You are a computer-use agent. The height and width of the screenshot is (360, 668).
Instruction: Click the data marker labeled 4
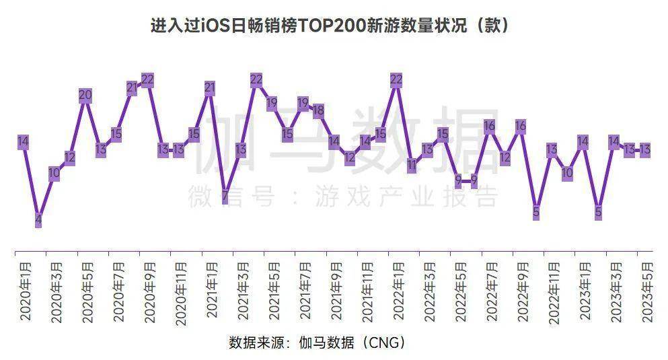38,219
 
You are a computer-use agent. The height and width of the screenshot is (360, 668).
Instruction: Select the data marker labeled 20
85,96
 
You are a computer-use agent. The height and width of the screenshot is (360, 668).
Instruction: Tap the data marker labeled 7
225,196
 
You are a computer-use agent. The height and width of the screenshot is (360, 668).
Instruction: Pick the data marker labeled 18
318,110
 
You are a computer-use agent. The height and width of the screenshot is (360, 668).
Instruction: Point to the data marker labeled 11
412,164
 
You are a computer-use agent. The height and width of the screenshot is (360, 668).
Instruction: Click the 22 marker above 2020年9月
147,79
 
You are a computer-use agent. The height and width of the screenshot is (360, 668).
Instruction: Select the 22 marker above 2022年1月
396,79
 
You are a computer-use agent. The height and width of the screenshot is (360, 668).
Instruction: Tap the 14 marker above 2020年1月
23,141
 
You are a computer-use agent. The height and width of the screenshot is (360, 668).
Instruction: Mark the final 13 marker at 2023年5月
644,149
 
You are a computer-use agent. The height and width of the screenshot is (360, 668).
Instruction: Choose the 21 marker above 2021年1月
210,87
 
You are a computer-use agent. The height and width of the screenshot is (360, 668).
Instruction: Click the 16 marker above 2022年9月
520,126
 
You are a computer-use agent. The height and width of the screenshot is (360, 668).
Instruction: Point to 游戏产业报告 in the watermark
408,196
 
